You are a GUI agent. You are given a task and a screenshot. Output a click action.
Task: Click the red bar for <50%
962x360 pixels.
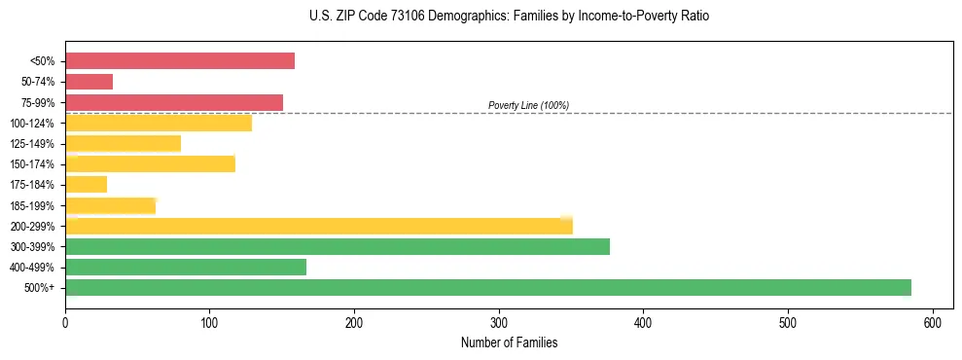coord(180,61)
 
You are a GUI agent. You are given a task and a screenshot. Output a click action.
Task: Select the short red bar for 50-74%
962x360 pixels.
coord(89,82)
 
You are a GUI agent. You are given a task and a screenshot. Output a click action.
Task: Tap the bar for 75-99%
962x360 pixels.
coord(174,102)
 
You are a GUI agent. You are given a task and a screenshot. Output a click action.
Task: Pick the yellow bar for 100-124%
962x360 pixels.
coord(159,123)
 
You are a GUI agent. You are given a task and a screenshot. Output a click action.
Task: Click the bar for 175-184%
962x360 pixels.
coord(86,185)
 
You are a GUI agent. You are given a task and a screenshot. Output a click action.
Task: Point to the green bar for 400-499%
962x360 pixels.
coord(186,267)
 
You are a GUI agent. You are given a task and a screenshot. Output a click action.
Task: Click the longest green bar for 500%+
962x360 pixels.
coord(488,287)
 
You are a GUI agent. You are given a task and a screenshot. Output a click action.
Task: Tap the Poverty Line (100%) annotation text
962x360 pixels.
coord(528,105)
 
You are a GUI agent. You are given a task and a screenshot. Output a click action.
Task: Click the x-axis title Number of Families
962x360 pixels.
coord(509,342)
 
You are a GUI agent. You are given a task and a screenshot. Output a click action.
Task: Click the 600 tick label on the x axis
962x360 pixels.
coord(933,322)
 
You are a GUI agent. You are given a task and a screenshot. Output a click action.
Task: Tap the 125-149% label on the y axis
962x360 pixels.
coord(32,144)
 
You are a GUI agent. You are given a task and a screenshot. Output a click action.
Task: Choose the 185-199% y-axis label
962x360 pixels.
coord(32,205)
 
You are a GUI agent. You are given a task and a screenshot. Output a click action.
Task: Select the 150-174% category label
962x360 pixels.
coord(32,164)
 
